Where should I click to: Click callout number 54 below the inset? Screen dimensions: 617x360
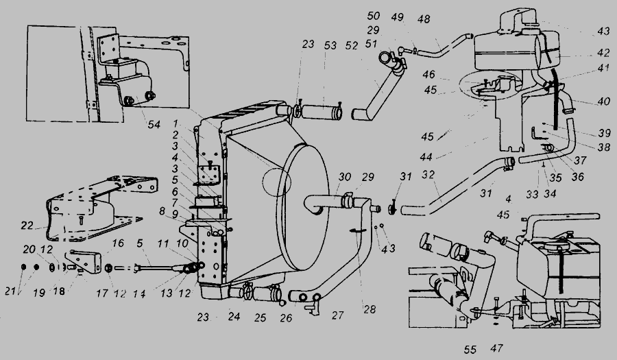[154, 125]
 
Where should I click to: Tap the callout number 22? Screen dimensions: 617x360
[27, 226]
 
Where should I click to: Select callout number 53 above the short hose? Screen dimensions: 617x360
[330, 46]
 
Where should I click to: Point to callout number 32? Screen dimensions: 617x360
[428, 174]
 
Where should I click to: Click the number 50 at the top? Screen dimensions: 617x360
[374, 16]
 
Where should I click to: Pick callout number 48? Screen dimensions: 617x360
[424, 19]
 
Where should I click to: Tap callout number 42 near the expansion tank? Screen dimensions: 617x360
[603, 52]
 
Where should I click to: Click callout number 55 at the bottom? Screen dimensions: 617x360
[470, 350]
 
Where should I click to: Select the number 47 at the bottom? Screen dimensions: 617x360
[496, 348]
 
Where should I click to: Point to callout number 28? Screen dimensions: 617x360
[370, 309]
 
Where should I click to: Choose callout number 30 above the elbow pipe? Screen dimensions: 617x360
[344, 177]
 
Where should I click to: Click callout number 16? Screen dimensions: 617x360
[118, 243]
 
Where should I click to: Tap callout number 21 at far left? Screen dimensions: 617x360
[10, 291]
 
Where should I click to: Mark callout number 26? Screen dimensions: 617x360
[286, 318]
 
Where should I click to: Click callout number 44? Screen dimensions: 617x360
[426, 158]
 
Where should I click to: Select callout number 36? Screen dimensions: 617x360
[578, 177]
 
